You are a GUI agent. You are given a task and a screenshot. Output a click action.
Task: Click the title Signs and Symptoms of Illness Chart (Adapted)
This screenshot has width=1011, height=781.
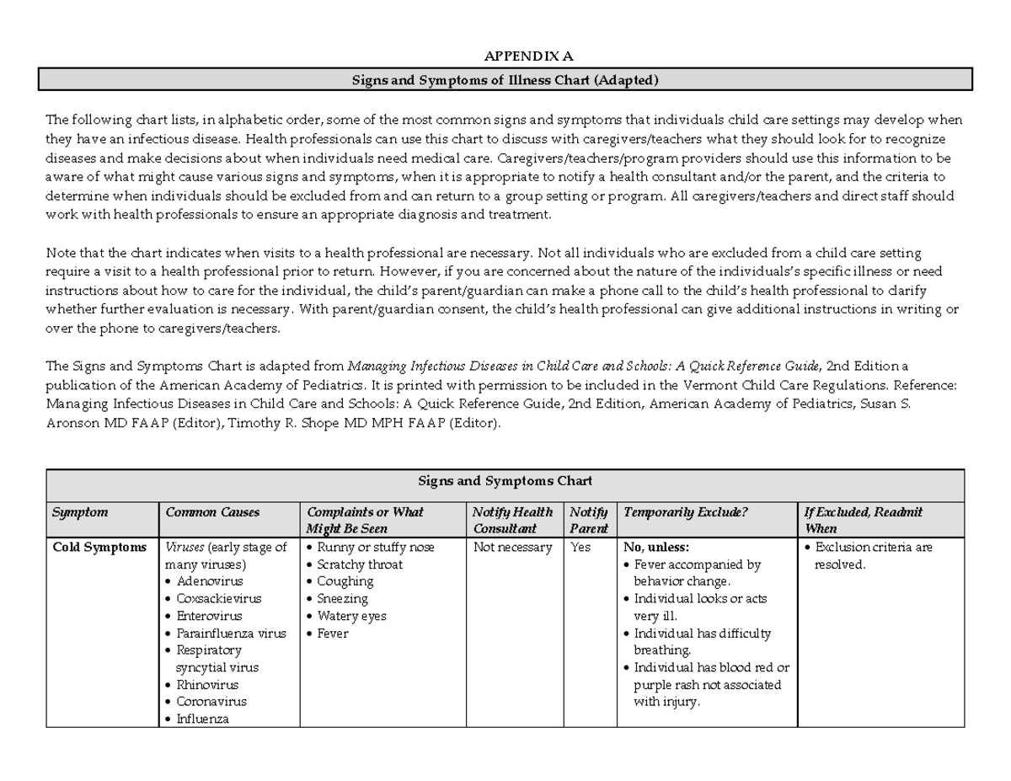[x=505, y=80]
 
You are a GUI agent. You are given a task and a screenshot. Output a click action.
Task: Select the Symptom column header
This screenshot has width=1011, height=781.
[x=80, y=512]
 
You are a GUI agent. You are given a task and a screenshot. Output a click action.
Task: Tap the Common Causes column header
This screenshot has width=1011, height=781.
[x=212, y=512]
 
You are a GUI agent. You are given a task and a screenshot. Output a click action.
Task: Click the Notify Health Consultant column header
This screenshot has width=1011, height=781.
[x=512, y=520]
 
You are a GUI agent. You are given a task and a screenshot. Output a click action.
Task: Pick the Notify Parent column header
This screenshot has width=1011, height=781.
[x=588, y=520]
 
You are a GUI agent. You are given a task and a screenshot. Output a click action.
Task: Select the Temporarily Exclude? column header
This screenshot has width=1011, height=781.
[x=684, y=512]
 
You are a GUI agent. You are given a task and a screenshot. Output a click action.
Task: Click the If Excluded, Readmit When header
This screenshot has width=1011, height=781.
[x=863, y=520]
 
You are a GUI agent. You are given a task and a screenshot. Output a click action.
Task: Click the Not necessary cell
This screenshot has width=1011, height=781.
[x=512, y=547]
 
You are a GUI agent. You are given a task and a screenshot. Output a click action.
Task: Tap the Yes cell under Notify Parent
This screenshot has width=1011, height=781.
[x=581, y=547]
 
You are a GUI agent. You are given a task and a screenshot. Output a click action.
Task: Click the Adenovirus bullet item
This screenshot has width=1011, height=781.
[x=209, y=581]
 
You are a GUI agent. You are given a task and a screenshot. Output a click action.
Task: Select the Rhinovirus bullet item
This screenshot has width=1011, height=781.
[x=207, y=685]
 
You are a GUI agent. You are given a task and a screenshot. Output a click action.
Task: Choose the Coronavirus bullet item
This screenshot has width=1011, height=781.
[x=211, y=702]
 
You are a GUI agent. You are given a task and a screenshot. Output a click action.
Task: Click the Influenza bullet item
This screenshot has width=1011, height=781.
[x=202, y=719]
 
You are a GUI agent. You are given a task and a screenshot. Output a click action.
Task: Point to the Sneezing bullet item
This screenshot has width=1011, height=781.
[x=342, y=599]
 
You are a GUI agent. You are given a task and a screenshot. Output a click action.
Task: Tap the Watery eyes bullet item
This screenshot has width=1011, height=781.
[x=351, y=616]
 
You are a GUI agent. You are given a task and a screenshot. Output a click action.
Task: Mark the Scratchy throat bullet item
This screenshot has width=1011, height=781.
[x=360, y=564]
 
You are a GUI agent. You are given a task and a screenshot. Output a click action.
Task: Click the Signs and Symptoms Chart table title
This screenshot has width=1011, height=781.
[x=505, y=481]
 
